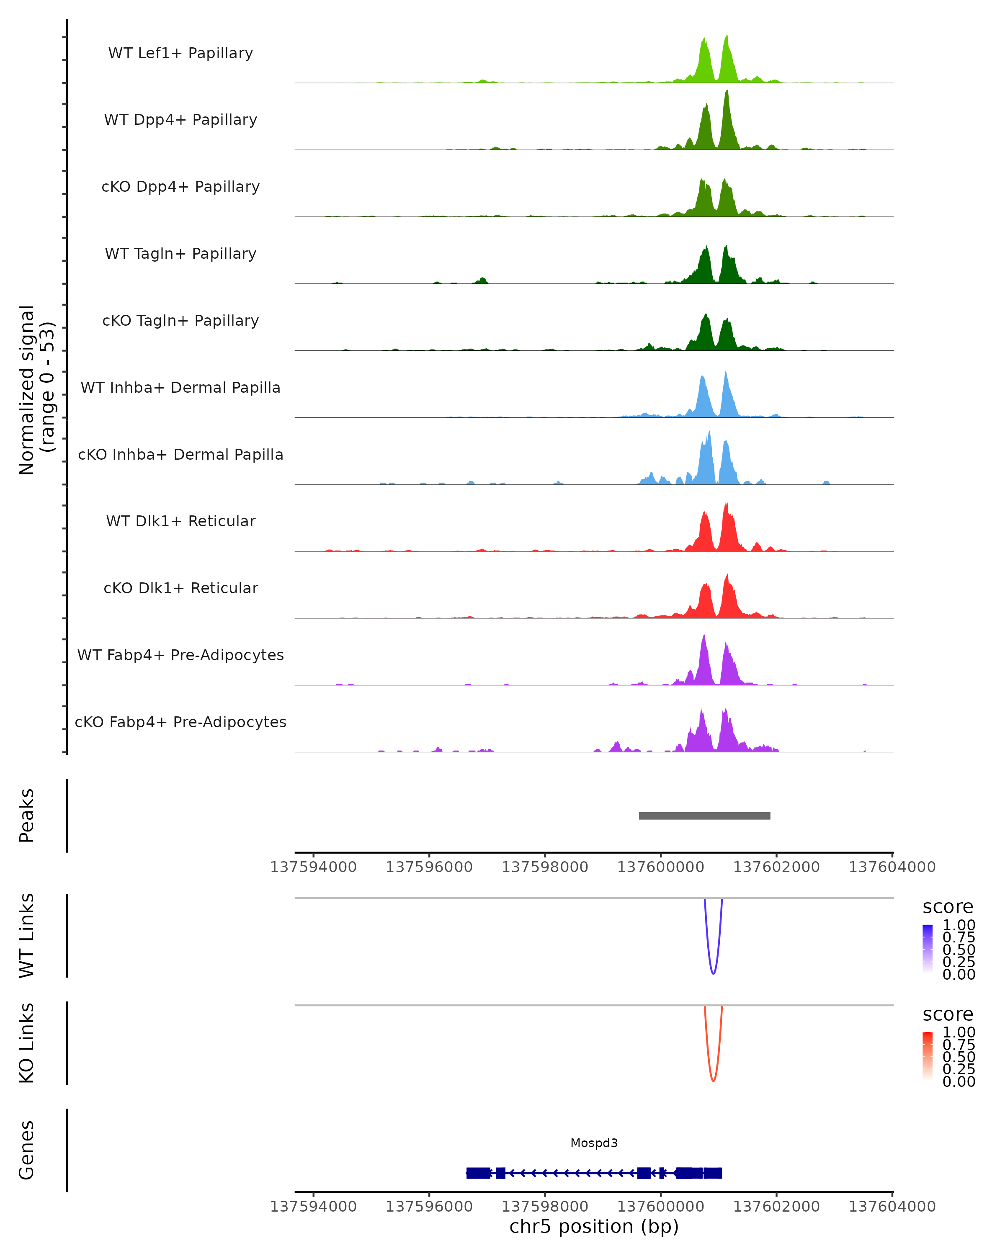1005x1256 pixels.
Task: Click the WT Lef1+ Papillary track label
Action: (180, 53)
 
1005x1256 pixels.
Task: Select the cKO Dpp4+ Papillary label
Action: (180, 186)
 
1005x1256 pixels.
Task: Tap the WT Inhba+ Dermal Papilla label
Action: (180, 387)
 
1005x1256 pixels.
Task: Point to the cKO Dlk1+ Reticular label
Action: (180, 588)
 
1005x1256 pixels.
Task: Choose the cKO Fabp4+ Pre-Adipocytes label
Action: (180, 722)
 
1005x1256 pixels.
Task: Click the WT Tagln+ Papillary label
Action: (180, 253)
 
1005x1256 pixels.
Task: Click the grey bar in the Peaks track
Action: (704, 816)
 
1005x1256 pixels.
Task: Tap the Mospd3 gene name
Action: (594, 1143)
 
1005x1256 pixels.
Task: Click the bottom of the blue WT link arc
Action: (713, 973)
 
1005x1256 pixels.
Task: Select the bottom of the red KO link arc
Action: (713, 1081)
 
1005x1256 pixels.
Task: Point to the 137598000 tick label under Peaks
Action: (545, 867)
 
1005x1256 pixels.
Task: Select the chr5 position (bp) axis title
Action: (594, 1226)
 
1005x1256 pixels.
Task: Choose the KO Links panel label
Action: (27, 1043)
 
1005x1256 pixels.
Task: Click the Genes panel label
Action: (27, 1150)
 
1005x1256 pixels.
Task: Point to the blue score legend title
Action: (947, 907)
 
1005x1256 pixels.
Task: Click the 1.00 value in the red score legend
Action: (959, 1032)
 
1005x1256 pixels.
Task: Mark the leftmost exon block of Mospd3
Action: (478, 1173)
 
